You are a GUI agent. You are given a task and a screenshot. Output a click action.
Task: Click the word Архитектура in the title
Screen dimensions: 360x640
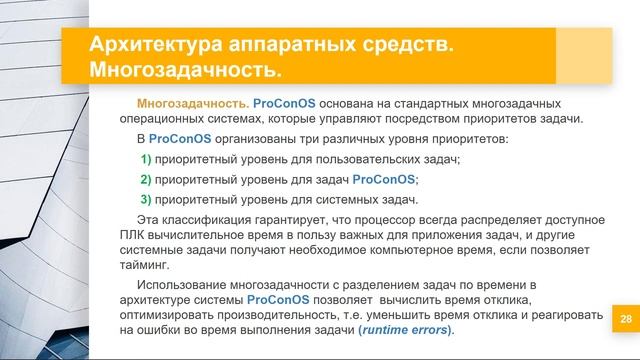point(149,45)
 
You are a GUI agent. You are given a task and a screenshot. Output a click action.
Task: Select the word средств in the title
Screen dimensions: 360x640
point(395,45)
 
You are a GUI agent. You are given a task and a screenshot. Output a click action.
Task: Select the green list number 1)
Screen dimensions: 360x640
point(145,161)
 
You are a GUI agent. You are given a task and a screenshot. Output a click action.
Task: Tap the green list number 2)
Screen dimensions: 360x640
point(145,180)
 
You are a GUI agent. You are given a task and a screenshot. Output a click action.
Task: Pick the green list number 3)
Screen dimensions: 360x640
point(145,200)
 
